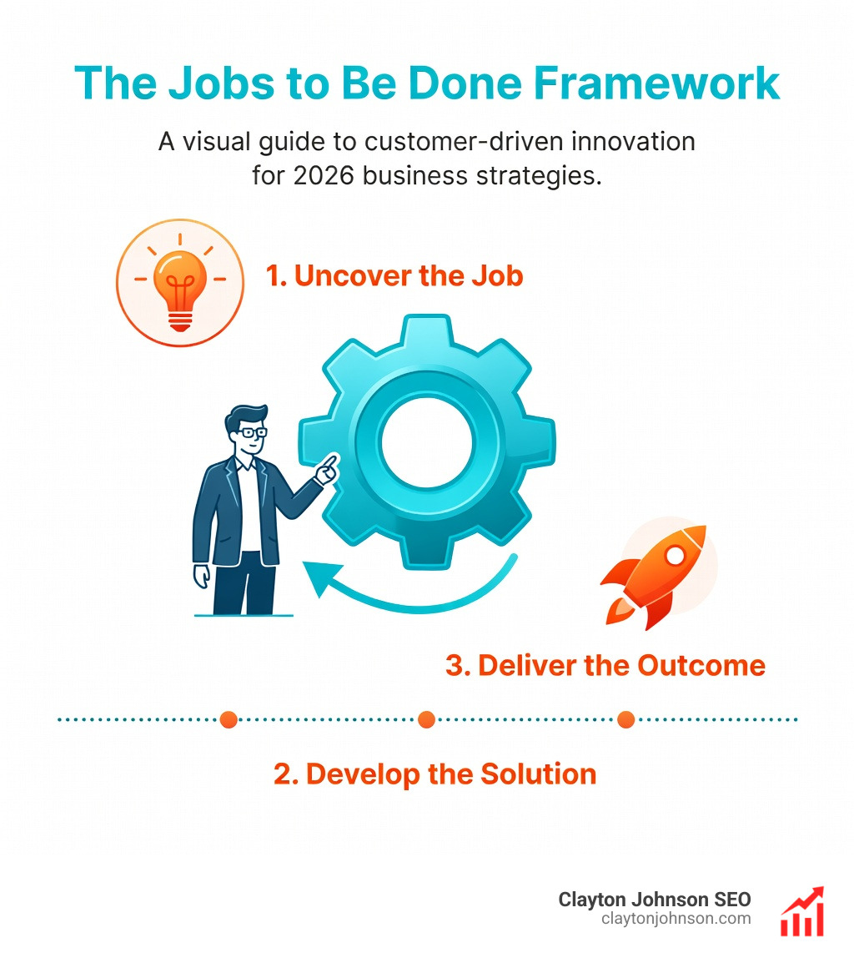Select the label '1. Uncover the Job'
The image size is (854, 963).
point(394,276)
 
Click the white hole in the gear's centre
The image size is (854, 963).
point(427,438)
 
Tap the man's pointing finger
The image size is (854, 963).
point(331,461)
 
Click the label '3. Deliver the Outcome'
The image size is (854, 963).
point(605,665)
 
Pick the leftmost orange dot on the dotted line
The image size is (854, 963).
point(229,719)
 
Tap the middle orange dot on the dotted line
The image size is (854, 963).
point(427,719)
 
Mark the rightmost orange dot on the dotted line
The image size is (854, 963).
point(625,719)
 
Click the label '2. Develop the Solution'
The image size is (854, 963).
point(435,774)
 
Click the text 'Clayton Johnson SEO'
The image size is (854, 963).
point(654,900)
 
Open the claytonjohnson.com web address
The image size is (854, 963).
point(676,919)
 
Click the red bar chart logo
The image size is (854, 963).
point(801,912)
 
